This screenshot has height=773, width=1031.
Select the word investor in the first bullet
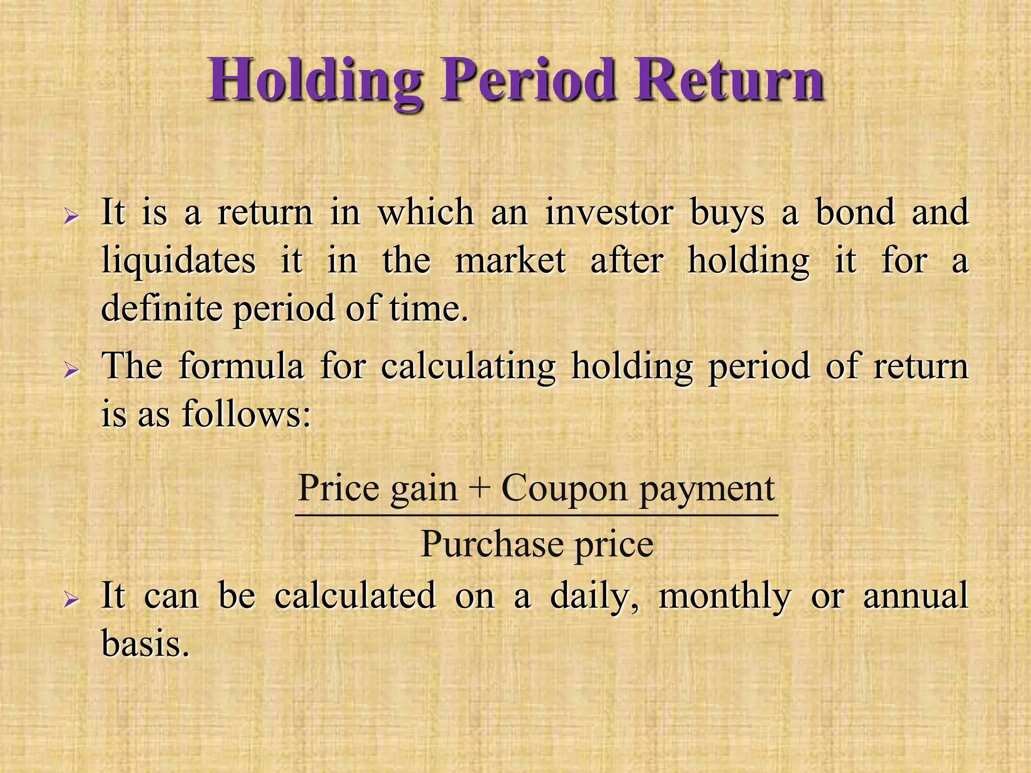pyautogui.click(x=609, y=213)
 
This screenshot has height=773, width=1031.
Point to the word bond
pyautogui.click(x=855, y=212)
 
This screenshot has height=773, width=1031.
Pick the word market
pyautogui.click(x=510, y=261)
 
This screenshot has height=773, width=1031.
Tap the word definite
pyautogui.click(x=162, y=308)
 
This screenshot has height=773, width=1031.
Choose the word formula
pyautogui.click(x=242, y=366)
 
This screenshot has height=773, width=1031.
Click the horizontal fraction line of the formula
pyautogui.click(x=537, y=515)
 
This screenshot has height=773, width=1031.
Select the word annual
pyautogui.click(x=916, y=595)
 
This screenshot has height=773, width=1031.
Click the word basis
pyautogui.click(x=145, y=643)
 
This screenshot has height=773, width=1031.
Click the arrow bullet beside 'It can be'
pyautogui.click(x=71, y=600)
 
